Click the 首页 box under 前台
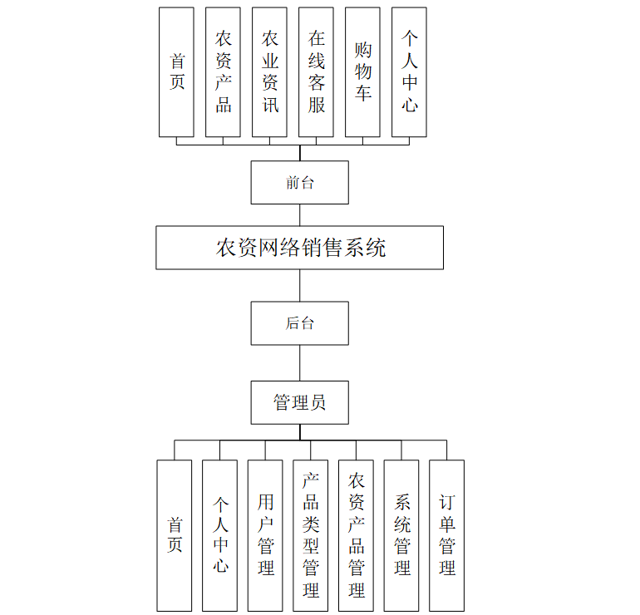coord(176,72)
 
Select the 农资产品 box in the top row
coord(223,72)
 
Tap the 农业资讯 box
coord(269,72)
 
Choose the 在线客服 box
coord(316,72)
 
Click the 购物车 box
coord(362,72)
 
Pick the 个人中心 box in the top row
coord(409,72)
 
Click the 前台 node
coord(299,182)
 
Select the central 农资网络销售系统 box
coord(299,248)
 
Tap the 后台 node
coord(299,323)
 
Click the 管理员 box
coord(299,403)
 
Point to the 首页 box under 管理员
coord(175,535)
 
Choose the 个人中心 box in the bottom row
coord(219,535)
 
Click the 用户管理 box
coord(265,535)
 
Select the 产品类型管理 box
coord(311,535)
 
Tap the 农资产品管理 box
coord(356,535)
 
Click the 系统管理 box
coord(401,535)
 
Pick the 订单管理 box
coord(446,535)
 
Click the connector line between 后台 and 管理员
coord(299,363)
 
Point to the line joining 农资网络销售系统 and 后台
coord(299,285)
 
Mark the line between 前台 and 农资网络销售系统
coord(299,215)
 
